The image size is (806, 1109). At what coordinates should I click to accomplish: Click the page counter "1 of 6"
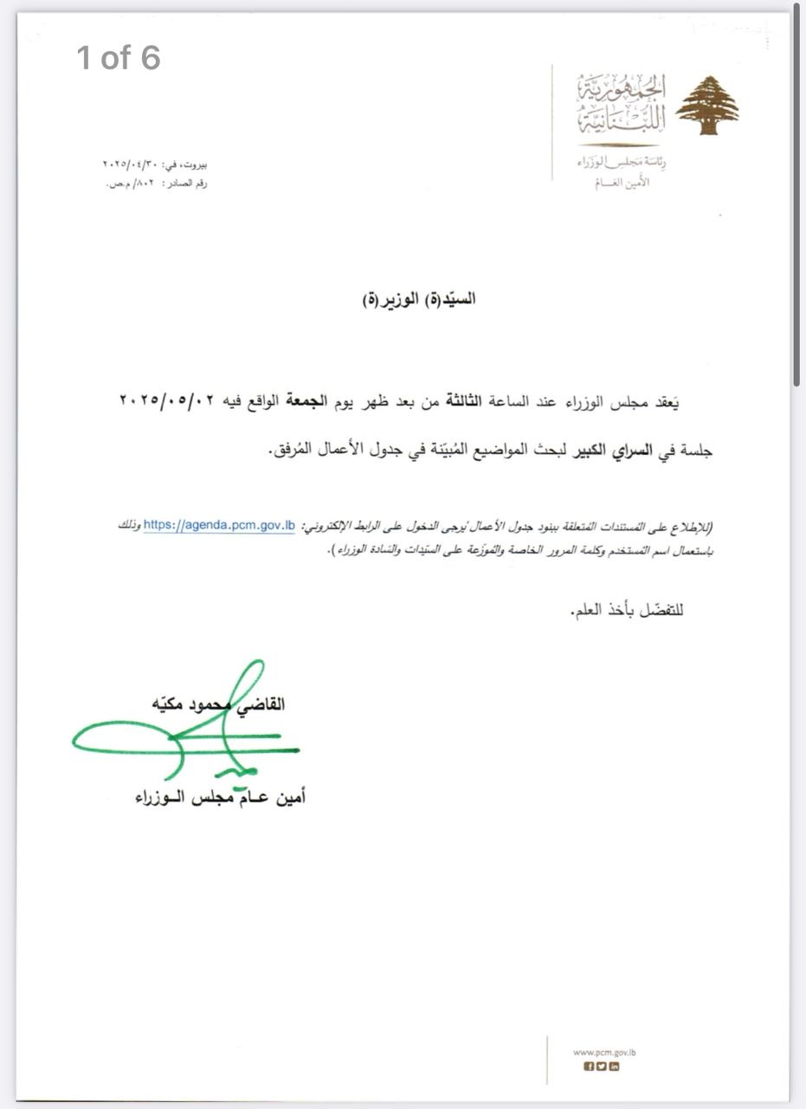tap(119, 58)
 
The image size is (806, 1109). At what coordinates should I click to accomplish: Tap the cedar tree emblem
tap(706, 106)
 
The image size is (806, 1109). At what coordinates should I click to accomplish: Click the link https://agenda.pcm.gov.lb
tap(219, 525)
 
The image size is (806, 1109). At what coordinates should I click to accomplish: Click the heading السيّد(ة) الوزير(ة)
tap(419, 300)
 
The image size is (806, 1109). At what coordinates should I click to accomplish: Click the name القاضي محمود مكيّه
tap(216, 704)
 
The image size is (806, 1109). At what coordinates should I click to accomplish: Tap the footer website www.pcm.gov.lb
tap(604, 1053)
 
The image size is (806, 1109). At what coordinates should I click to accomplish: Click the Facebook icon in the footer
tap(590, 1067)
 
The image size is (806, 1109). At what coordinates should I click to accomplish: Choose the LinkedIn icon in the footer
tap(615, 1067)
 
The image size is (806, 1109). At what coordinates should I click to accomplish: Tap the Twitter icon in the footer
tap(602, 1067)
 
